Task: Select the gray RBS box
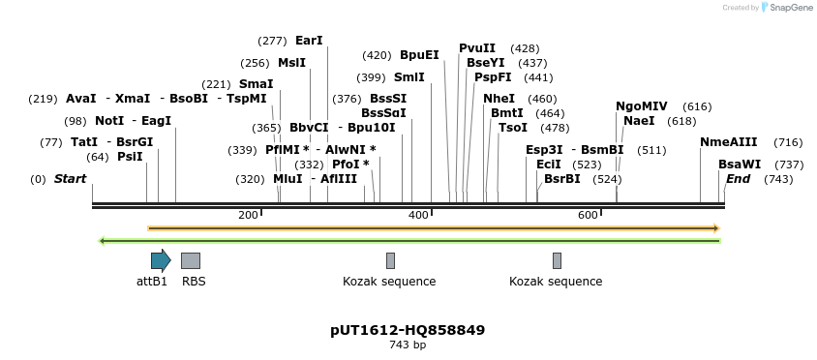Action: (191, 260)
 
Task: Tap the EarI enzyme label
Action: (309, 41)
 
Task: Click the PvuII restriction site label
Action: (477, 48)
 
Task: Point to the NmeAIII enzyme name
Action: (728, 142)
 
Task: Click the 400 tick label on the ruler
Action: (418, 215)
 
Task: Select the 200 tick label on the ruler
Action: (248, 215)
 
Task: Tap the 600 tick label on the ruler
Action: (588, 215)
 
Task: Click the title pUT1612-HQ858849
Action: (408, 330)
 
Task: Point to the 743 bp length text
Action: (408, 345)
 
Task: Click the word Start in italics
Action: (70, 179)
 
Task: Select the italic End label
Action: (738, 179)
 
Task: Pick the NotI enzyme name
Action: (109, 121)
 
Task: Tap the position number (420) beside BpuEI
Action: (377, 55)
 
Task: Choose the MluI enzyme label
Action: (287, 179)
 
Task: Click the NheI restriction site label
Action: (499, 99)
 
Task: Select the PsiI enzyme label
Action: (130, 157)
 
